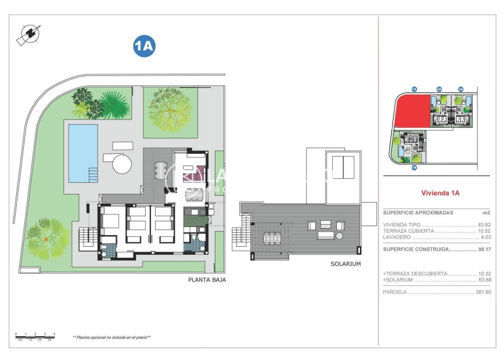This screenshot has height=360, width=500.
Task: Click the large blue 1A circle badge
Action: click(144, 46)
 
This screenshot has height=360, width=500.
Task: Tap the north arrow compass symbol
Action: click(28, 34)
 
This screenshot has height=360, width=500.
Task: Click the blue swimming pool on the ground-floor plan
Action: click(83, 153)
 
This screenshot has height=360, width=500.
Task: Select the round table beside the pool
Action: click(122, 163)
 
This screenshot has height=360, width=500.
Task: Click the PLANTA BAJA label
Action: click(207, 279)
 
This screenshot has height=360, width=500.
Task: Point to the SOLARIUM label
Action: click(346, 264)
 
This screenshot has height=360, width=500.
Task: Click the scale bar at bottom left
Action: click(35, 336)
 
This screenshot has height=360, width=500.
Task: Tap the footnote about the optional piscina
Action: click(111, 337)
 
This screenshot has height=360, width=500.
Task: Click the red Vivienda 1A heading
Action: click(440, 193)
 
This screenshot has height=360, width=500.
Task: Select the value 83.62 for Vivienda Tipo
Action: click(484, 224)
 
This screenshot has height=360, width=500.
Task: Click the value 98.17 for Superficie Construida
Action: click(484, 249)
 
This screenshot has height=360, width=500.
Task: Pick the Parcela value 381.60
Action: click(483, 292)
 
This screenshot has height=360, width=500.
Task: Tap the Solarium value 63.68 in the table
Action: click(484, 280)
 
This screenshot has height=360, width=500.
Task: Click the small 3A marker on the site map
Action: click(461, 89)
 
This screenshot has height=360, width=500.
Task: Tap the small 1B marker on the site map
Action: click(414, 167)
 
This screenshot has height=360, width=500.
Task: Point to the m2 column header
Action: click(486, 213)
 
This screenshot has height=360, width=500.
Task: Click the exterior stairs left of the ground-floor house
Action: click(87, 236)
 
